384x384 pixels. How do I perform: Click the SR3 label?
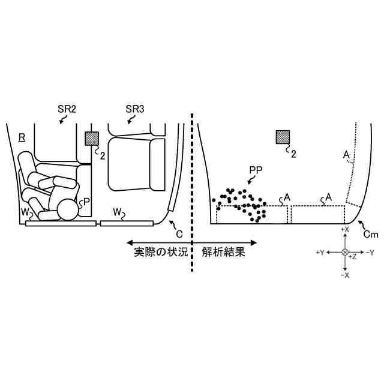click(x=134, y=109)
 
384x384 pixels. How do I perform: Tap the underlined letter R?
click(x=22, y=137)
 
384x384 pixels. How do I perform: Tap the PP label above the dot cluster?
click(x=255, y=171)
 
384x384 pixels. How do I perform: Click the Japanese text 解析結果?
click(x=224, y=252)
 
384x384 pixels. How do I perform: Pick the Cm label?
click(x=371, y=233)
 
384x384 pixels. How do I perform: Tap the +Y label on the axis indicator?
click(x=320, y=253)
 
